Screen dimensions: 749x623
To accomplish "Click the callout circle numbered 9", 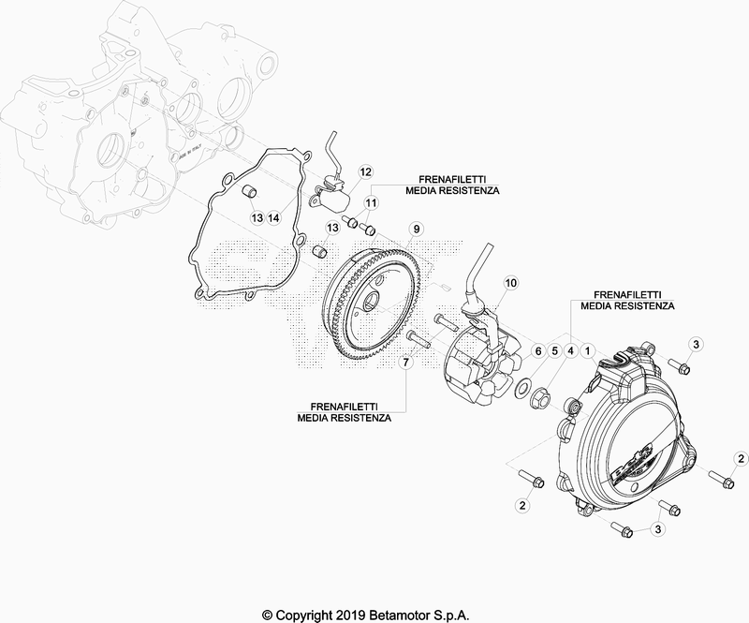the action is pos(416,230).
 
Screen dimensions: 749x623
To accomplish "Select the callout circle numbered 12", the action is pos(365,171).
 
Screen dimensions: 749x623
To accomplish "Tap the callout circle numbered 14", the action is pos(273,218).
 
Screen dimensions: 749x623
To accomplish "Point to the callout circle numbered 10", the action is pos(510,283).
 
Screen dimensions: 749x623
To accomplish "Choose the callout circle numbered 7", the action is pos(405,363).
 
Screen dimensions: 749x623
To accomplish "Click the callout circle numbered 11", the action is pos(371,202).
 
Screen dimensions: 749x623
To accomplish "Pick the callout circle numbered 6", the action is pos(537,351).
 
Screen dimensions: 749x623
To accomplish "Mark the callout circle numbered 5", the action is pos(554,351).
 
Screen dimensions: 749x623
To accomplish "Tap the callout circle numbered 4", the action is pos(570,351).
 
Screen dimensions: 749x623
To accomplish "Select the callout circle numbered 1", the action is pos(588,351).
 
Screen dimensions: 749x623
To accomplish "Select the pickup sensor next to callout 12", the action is pos(333,195).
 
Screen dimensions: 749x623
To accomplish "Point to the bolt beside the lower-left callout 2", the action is pos(530,478).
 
